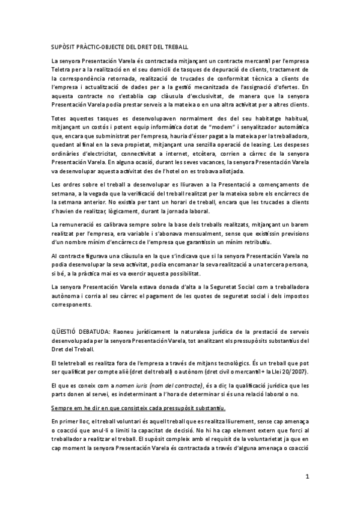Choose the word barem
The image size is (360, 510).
pos(299,224)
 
